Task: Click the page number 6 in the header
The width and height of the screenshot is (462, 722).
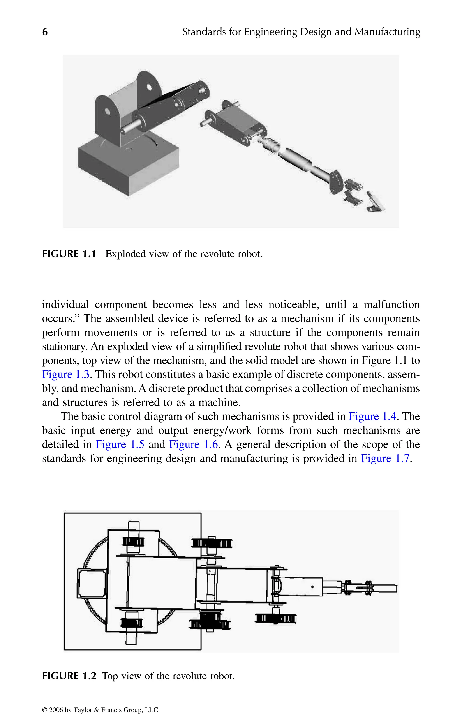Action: [45, 32]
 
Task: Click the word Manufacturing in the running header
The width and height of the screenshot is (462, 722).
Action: [387, 32]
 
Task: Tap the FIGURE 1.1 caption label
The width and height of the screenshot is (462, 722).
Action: [69, 254]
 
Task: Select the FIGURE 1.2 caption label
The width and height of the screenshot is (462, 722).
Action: [69, 676]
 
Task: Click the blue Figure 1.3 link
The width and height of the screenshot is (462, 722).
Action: [65, 375]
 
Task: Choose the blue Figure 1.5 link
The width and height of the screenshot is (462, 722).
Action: [120, 444]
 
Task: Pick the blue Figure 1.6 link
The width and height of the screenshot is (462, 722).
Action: [194, 444]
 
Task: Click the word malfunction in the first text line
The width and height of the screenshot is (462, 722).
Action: [391, 305]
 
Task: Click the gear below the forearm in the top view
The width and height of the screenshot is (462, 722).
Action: [275, 619]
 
